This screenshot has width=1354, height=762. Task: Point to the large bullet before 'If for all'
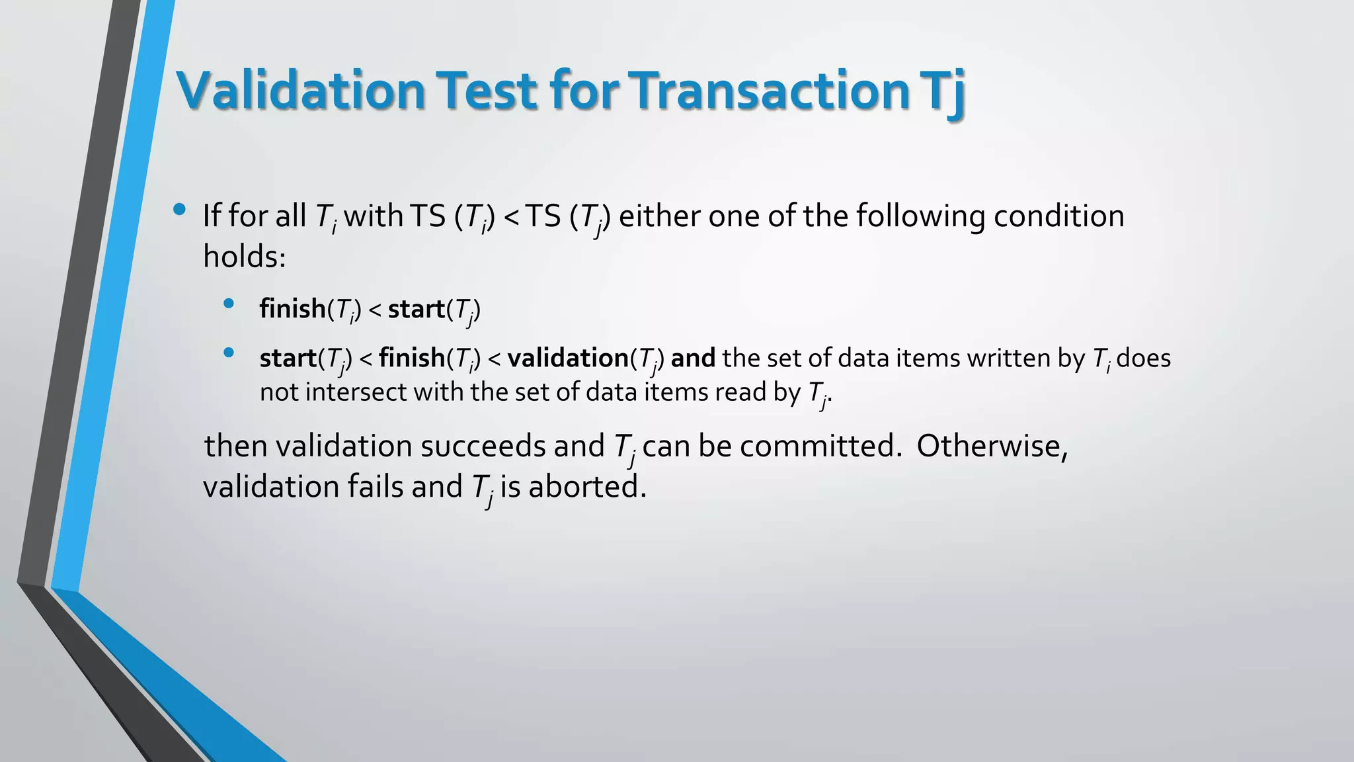[x=179, y=210]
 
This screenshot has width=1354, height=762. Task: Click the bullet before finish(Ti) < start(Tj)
[x=229, y=304]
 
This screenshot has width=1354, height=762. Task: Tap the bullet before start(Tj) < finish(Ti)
[x=229, y=353]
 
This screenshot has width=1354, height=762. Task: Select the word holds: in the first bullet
[x=244, y=257]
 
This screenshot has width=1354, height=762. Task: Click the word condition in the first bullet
[x=1058, y=216]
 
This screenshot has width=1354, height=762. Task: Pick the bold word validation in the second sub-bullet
[x=567, y=359]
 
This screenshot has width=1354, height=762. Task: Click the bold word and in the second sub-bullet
[x=693, y=359]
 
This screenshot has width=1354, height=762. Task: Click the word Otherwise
[x=992, y=446]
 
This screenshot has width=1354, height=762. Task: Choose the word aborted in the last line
[x=586, y=487]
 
